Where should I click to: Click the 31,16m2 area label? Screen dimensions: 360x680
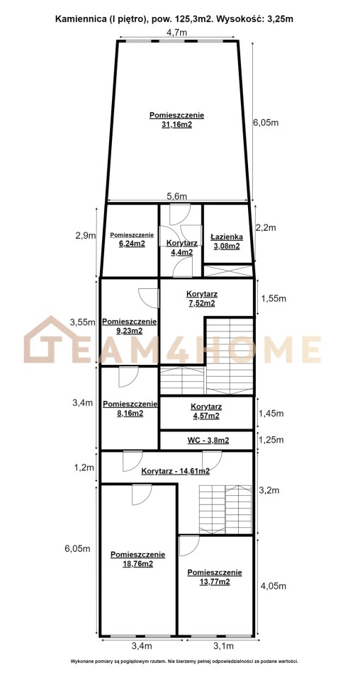[176, 125]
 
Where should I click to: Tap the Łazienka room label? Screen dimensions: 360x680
[226, 237]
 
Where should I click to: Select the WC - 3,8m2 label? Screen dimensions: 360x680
[208, 441]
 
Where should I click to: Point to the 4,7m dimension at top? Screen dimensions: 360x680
[177, 32]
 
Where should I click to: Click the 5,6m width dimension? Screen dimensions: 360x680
[177, 195]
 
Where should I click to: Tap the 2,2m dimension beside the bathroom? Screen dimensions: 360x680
[266, 227]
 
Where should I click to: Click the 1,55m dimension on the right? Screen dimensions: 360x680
[273, 298]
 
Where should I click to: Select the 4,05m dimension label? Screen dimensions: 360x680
[272, 586]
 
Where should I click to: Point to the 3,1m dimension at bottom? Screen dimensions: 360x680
[223, 646]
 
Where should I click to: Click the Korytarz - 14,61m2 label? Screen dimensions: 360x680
[176, 472]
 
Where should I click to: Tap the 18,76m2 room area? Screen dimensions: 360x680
[137, 564]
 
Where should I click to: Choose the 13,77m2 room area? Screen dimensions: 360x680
[214, 582]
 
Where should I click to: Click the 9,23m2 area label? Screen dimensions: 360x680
[129, 331]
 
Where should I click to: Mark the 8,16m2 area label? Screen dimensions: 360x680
[129, 413]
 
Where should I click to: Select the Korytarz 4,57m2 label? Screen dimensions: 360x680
[206, 411]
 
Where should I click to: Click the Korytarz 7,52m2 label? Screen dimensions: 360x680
[202, 299]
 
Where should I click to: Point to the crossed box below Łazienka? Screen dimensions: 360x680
[228, 271]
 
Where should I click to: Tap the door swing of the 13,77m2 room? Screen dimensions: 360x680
[189, 546]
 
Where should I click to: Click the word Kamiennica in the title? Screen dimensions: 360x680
[75, 19]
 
